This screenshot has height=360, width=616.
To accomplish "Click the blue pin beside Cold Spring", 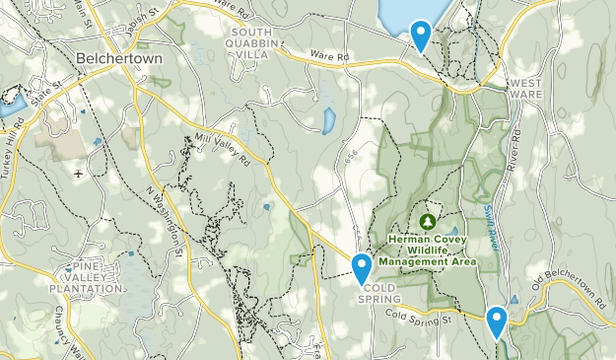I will pos(362,266).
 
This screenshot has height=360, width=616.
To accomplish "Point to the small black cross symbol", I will pos(78,173).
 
